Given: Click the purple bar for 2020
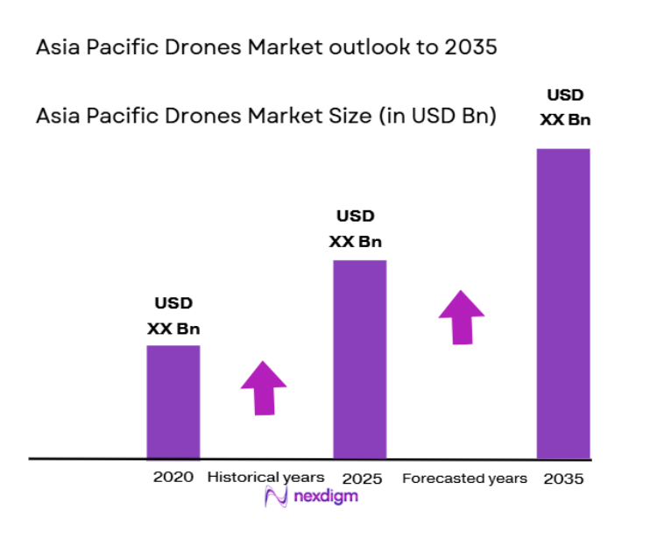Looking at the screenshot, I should (x=173, y=401).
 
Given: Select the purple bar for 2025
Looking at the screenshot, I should (x=359, y=358).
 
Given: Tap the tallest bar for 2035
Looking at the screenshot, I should (x=563, y=302).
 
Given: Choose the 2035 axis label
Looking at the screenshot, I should (x=562, y=478).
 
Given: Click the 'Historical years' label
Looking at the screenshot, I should (x=265, y=478).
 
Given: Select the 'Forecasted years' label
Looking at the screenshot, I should (x=464, y=478).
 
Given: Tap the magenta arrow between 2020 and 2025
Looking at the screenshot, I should (x=264, y=386).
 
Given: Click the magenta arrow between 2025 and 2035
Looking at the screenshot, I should (x=462, y=316).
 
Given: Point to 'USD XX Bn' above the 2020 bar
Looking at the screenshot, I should (x=173, y=316).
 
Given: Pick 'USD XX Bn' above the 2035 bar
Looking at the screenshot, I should (x=564, y=107).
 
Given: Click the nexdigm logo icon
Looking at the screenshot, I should (x=277, y=498).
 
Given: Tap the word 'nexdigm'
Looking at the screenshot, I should (x=326, y=497).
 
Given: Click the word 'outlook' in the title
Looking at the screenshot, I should (x=369, y=47).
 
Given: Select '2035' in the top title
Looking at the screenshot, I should (x=471, y=47).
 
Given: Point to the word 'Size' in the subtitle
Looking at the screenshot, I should (x=345, y=116).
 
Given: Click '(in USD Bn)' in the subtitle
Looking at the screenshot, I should (x=438, y=116).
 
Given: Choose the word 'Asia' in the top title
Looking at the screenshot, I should (x=57, y=47).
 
